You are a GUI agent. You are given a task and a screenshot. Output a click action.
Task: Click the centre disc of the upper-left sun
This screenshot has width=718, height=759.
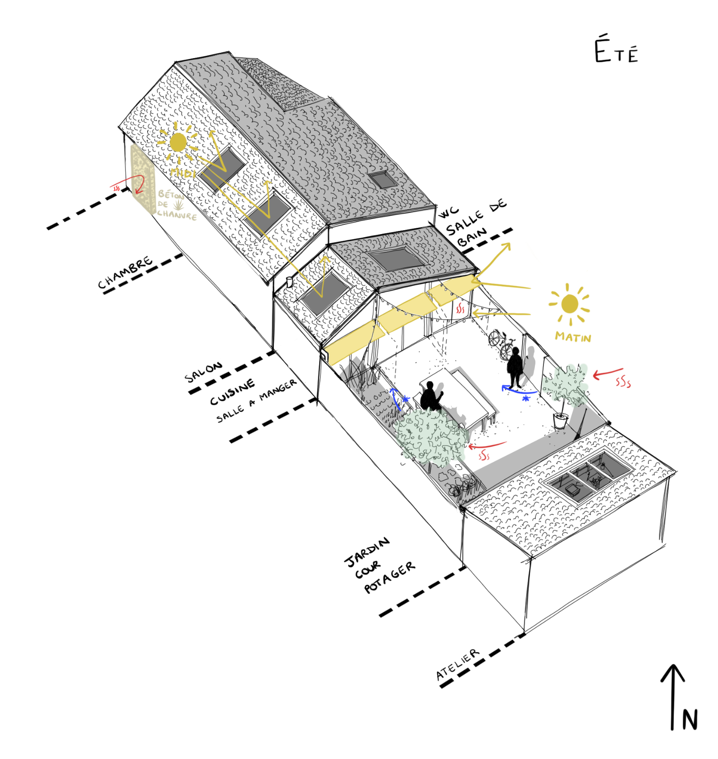click(x=178, y=142)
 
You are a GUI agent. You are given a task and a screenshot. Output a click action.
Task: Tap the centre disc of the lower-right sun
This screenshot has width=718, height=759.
click(x=570, y=304)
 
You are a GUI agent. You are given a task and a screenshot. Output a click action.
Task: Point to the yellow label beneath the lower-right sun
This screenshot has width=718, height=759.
click(x=573, y=337)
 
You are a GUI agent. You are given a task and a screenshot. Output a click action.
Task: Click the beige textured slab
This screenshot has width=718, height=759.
click(x=143, y=177)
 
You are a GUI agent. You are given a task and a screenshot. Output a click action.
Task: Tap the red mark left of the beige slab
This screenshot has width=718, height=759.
click(x=117, y=188)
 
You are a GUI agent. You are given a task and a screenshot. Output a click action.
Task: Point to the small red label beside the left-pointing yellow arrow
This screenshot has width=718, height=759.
click(x=460, y=310)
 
